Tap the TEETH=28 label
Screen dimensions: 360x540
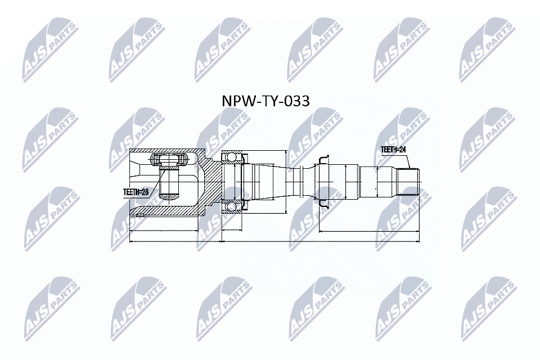136,192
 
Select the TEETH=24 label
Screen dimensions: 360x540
393,150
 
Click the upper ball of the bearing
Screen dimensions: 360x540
232,157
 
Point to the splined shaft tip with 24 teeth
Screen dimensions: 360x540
408,182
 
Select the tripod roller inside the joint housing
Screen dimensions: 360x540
169,160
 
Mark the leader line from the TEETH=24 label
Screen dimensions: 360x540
410,160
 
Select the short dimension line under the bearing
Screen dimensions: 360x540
232,231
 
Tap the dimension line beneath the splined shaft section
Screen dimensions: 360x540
369,231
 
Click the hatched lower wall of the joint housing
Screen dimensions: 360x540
169,210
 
